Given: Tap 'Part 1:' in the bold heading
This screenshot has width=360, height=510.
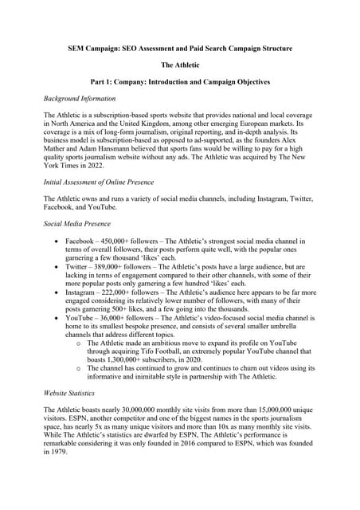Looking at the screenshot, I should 106,82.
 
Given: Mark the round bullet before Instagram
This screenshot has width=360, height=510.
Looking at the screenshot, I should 55,292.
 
